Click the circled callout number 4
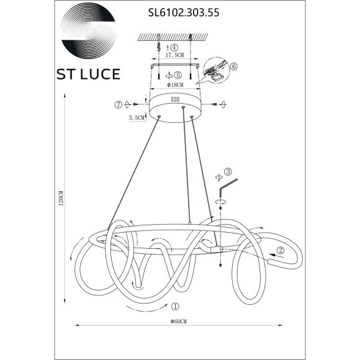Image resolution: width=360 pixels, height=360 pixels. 174,47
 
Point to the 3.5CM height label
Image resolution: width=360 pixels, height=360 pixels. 137,117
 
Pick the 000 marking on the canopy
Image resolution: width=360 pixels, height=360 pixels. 175,99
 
